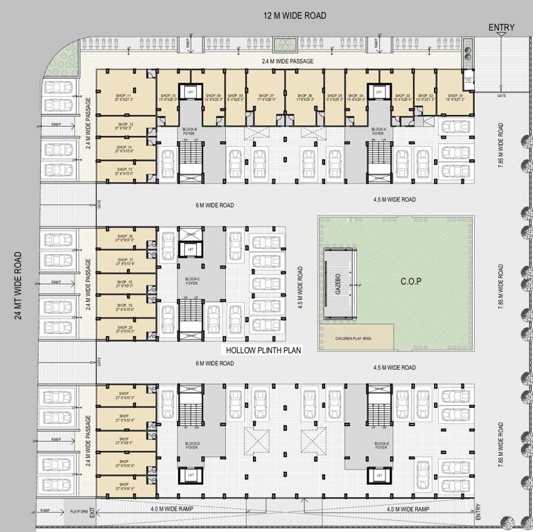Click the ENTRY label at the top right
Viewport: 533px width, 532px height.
click(x=501, y=28)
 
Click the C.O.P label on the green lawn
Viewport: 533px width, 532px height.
click(x=411, y=281)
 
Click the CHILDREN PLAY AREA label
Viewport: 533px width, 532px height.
click(x=353, y=338)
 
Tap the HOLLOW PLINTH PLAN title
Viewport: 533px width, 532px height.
click(x=262, y=351)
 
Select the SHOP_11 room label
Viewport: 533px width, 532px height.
click(x=125, y=96)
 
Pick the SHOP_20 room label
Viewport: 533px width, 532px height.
click(x=125, y=329)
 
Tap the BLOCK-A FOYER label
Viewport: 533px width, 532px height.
click(x=378, y=132)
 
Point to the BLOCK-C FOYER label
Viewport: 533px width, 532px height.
click(x=192, y=281)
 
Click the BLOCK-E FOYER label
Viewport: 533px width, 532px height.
click(x=381, y=445)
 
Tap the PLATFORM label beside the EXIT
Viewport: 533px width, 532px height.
click(x=79, y=511)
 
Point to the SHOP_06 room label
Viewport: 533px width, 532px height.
click(x=306, y=97)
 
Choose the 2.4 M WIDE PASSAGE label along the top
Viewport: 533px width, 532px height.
click(x=288, y=62)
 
